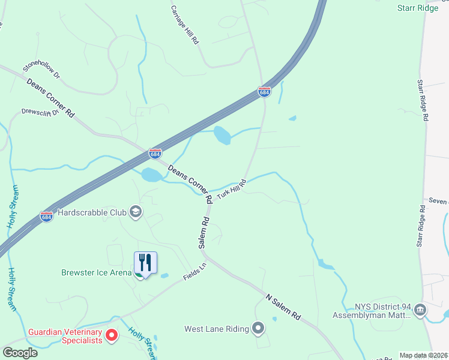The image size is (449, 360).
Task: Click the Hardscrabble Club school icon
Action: point(136,212)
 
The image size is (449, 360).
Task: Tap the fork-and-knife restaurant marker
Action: point(145,263)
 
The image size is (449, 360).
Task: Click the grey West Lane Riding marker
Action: point(258,328)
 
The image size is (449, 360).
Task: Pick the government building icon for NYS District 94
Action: point(420,310)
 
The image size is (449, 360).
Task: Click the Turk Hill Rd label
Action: point(232,190)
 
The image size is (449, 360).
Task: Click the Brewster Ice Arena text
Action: point(96,272)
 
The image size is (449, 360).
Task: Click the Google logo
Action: point(20,353)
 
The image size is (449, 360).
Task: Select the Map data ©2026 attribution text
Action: point(424,355)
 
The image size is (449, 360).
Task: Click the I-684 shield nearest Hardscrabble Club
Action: point(47,215)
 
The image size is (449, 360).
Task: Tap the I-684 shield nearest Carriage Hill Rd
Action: point(264,92)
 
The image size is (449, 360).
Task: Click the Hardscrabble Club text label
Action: point(92,212)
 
